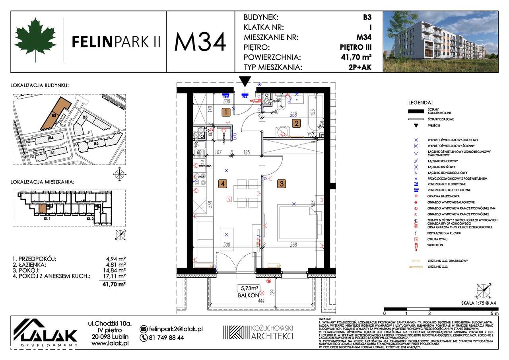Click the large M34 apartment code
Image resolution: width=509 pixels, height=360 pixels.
click(200, 41)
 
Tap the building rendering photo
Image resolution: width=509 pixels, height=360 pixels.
click(440, 41)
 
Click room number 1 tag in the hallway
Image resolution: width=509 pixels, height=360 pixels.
click(226, 112)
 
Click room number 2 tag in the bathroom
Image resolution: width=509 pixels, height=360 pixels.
click(296, 123)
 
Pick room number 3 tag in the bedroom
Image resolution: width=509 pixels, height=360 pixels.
click(281, 184)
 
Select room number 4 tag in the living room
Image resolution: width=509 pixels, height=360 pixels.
click(223, 184)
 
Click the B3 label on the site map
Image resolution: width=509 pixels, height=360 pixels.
click(54, 115)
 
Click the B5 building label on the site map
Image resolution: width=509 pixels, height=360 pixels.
click(85, 117)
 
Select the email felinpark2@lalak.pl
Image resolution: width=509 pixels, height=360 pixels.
click(176, 329)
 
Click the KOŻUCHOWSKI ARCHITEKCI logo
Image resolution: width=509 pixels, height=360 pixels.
click(258, 332)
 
